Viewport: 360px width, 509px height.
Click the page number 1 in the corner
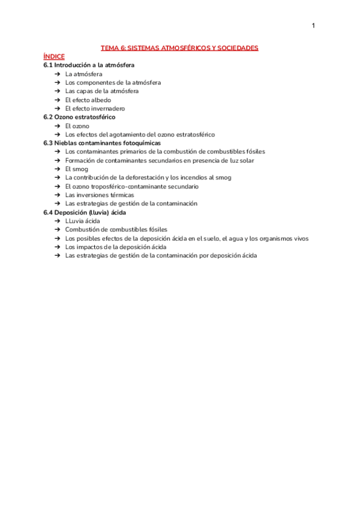click(313, 25)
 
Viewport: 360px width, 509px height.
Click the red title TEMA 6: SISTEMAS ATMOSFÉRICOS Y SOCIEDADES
click(179, 47)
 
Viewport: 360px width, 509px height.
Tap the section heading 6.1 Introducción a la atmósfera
click(89, 65)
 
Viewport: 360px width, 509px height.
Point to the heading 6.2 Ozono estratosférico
click(79, 117)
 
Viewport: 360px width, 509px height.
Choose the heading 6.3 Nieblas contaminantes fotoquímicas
click(102, 143)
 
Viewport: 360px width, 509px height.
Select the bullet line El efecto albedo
click(88, 100)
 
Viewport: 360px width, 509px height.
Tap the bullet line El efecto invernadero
click(95, 109)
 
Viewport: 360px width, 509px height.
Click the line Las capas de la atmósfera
click(102, 91)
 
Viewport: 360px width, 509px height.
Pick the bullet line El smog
click(77, 169)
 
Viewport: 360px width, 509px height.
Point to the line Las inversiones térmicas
click(100, 195)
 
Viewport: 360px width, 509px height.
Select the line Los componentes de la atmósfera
click(113, 82)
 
